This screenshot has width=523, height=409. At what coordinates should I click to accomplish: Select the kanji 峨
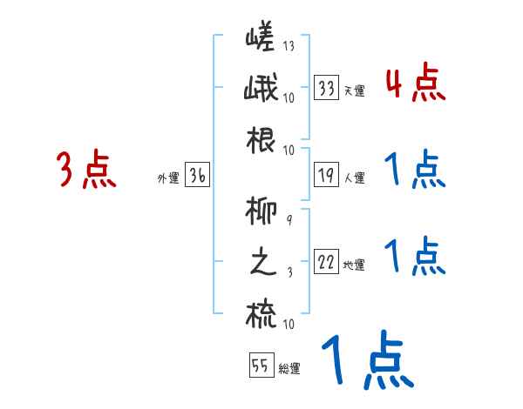pyautogui.click(x=262, y=90)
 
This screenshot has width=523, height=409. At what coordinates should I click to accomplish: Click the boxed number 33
pyautogui.click(x=327, y=88)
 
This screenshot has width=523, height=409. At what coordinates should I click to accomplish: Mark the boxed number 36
pyautogui.click(x=197, y=177)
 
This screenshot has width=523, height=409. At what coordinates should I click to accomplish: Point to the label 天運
pyautogui.click(x=354, y=91)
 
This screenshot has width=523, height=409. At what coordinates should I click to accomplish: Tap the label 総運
pyautogui.click(x=289, y=369)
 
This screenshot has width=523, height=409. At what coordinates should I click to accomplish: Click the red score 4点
pyautogui.click(x=415, y=84)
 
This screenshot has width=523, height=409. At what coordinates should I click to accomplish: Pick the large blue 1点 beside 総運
pyautogui.click(x=366, y=361)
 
